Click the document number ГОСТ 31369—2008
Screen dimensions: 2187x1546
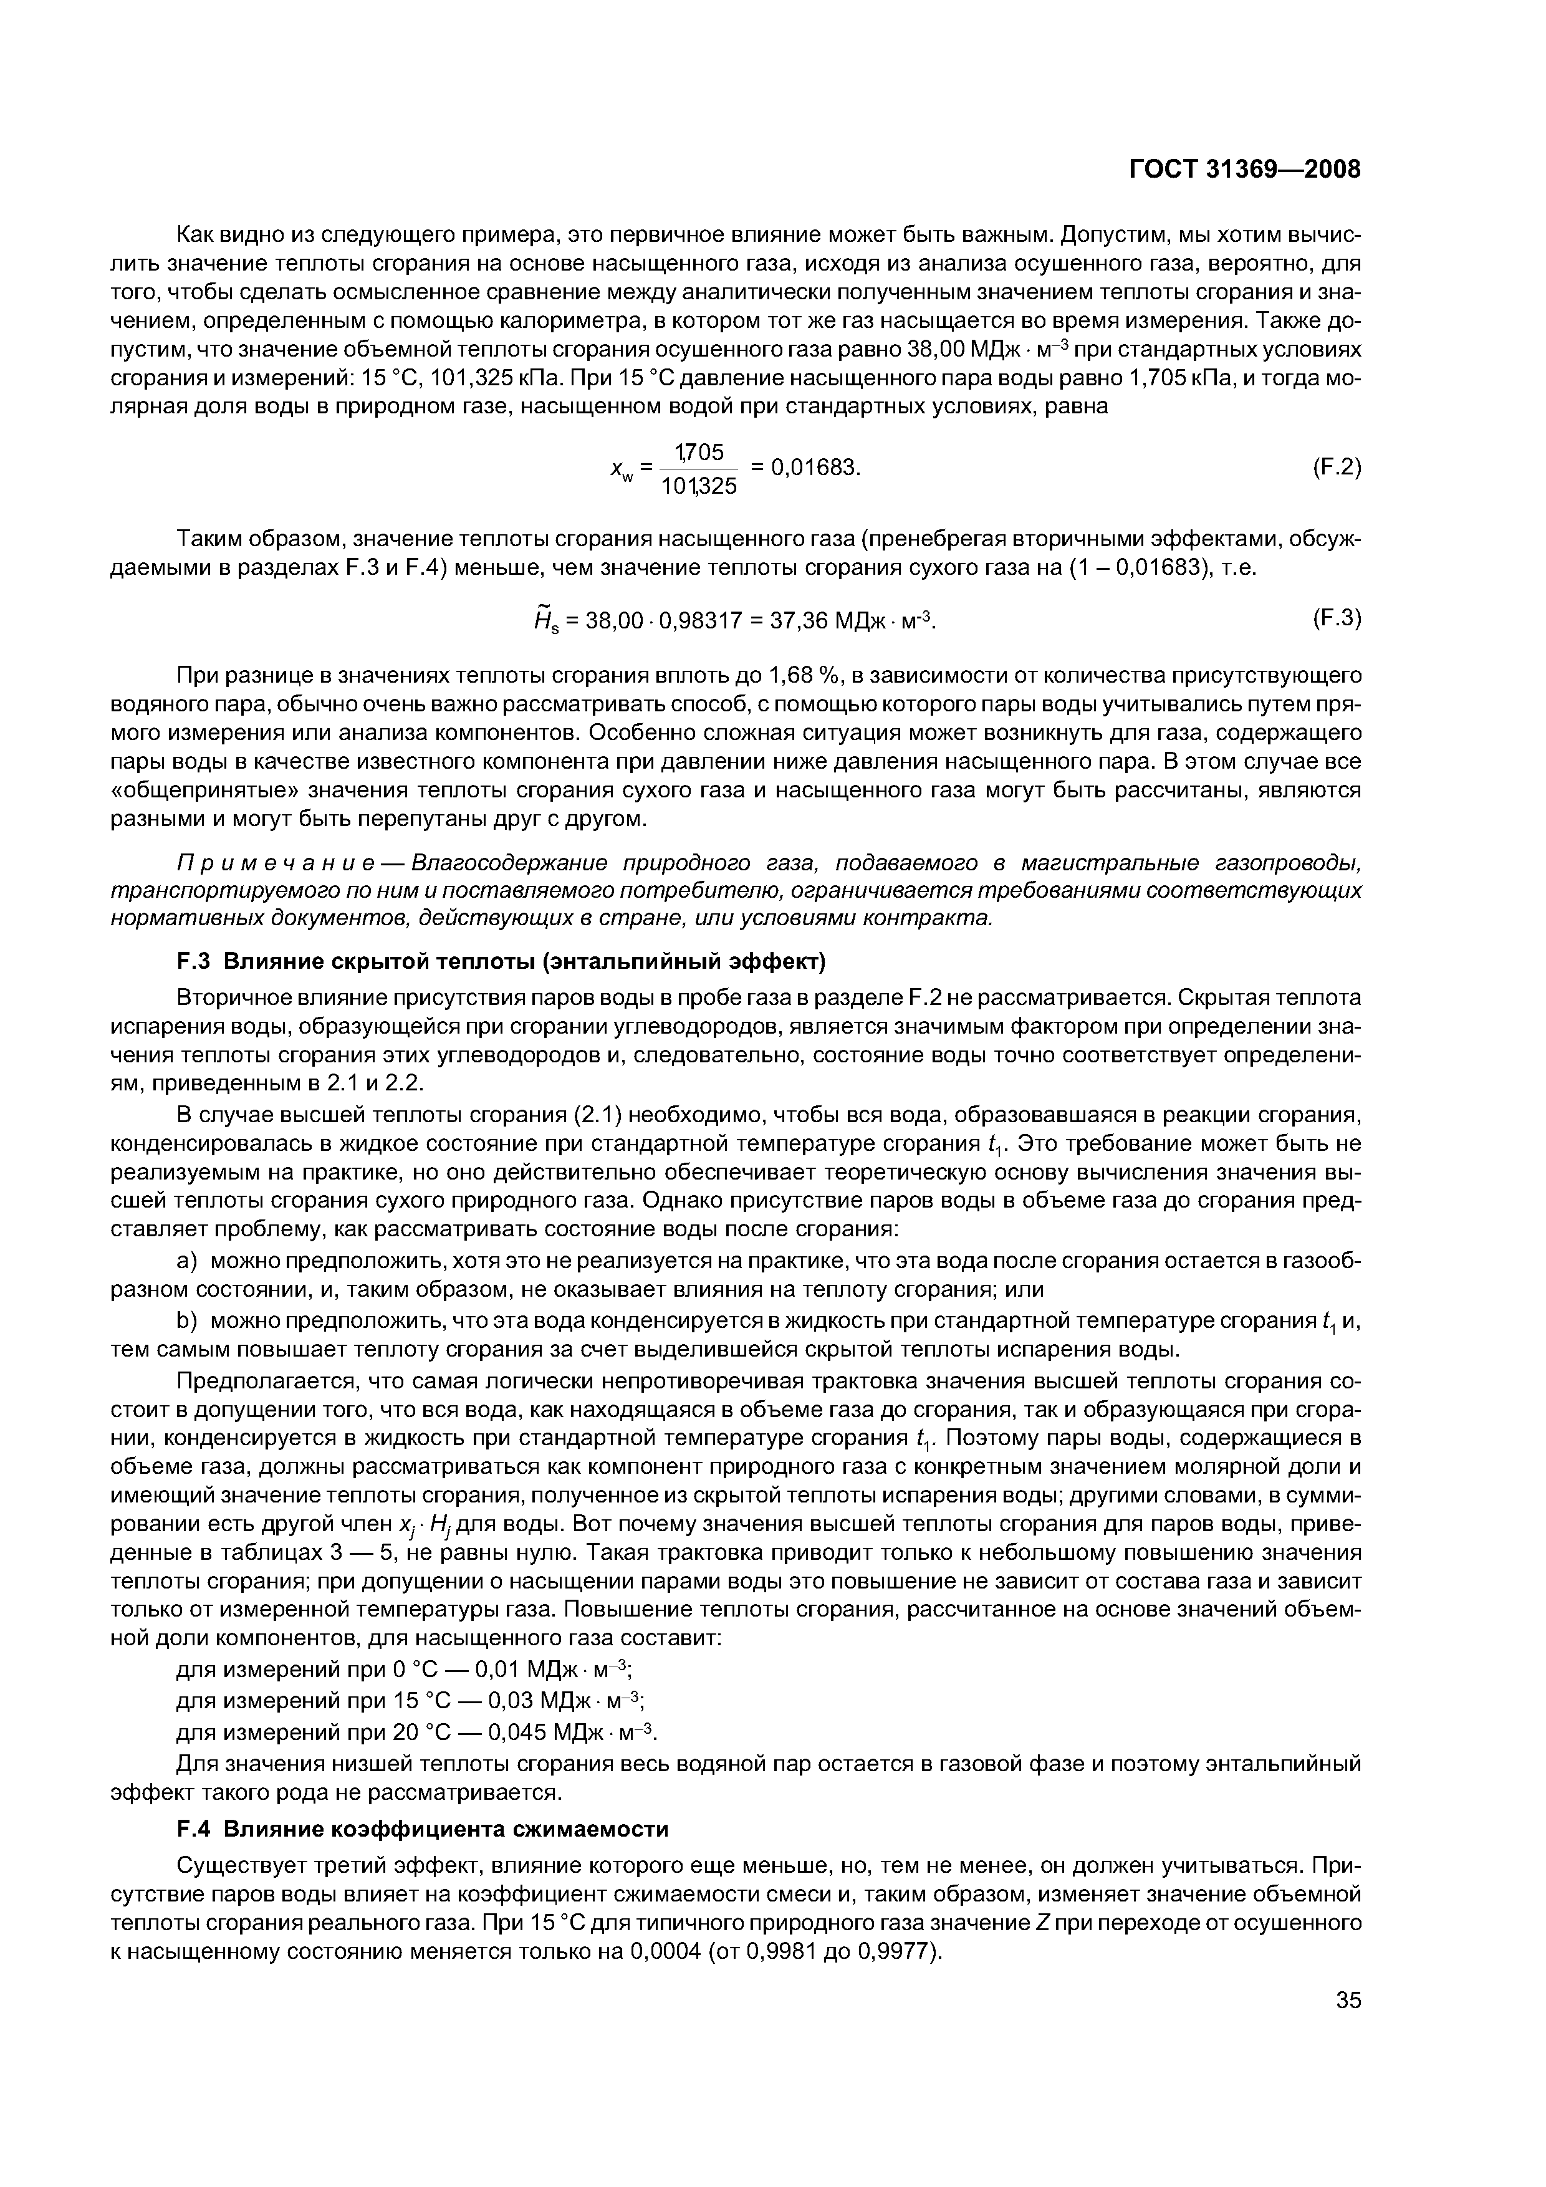[x=1245, y=168]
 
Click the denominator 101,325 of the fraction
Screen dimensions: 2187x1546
[x=699, y=487]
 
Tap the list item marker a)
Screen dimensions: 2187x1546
[x=186, y=1262]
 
